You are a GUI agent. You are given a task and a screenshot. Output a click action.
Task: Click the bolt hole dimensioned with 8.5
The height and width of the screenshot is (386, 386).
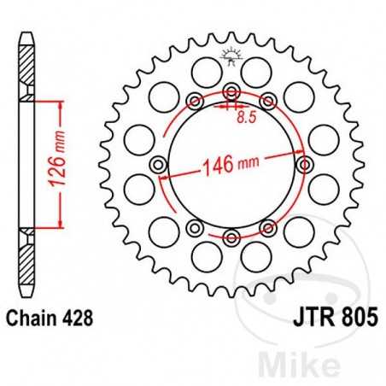pos(231,92)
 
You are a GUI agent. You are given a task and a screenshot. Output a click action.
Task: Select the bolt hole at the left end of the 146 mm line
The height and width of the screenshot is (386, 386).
pos(158,164)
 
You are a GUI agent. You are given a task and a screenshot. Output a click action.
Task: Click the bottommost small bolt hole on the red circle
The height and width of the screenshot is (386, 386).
pos(231,236)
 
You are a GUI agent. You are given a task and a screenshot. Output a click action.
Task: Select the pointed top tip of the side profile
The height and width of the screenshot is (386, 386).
pos(27,33)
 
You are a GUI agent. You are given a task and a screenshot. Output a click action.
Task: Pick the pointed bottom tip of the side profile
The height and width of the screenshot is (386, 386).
pos(27,295)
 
